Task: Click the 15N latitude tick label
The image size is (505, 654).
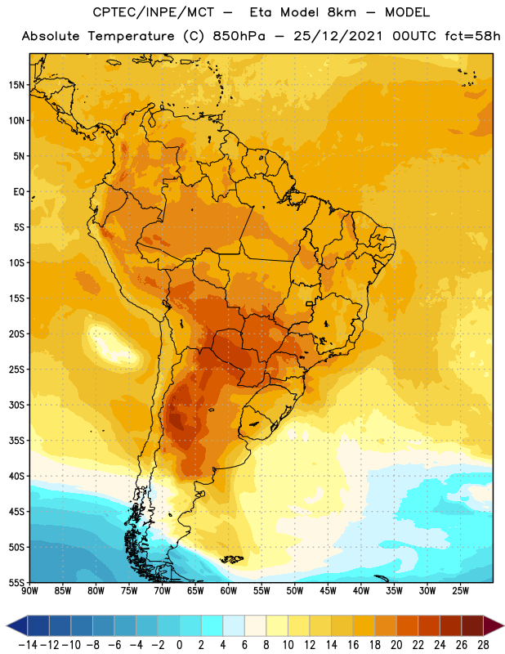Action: click(16, 85)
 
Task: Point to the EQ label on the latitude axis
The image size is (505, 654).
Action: click(19, 192)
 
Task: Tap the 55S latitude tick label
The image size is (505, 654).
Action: click(16, 582)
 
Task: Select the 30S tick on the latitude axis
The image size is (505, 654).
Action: click(16, 405)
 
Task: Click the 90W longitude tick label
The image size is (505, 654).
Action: click(29, 591)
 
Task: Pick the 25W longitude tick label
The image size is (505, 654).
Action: click(460, 591)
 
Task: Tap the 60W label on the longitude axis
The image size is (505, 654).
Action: click(229, 591)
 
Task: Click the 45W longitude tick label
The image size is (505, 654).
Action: click(328, 591)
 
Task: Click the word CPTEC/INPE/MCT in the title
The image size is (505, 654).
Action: click(153, 12)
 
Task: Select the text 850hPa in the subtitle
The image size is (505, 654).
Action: click(239, 36)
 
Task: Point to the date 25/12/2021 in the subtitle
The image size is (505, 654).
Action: click(337, 36)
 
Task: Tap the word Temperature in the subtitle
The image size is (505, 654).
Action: click(131, 36)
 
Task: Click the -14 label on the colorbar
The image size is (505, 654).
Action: click(28, 645)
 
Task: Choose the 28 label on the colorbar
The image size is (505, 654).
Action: click(483, 645)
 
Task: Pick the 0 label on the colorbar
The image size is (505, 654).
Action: click(179, 645)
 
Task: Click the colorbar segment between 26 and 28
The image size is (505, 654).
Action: click(472, 625)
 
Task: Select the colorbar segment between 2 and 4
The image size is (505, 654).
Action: click(212, 625)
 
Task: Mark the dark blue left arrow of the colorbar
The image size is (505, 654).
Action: click(17, 625)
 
